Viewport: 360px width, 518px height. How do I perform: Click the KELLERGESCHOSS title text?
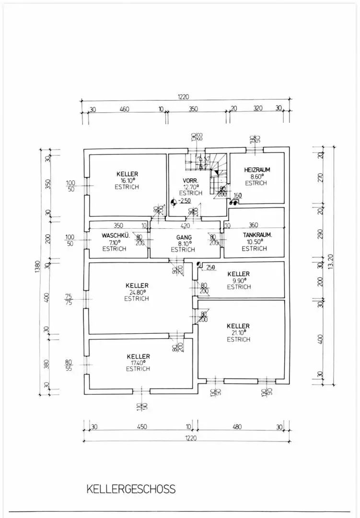click(x=131, y=489)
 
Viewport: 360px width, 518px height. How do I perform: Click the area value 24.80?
click(x=137, y=292)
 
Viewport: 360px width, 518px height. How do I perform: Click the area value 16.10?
click(x=127, y=180)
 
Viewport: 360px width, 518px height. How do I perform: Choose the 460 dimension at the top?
click(x=124, y=109)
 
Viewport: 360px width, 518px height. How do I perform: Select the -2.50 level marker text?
click(x=185, y=200)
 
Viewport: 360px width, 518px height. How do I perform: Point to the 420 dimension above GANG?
click(x=185, y=225)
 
